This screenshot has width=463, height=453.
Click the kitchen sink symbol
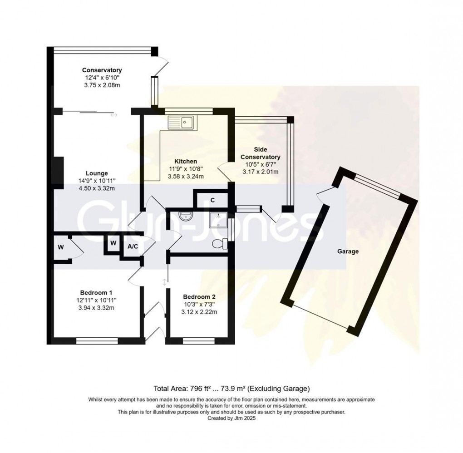[180, 123]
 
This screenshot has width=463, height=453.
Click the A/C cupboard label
[133, 246]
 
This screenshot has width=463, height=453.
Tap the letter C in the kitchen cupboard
[212, 200]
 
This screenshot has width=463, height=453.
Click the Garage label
[348, 251]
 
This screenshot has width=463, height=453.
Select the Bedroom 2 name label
[199, 297]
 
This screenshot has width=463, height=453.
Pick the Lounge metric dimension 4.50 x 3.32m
[96, 188]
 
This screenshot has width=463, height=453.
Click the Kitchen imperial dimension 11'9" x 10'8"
[186, 169]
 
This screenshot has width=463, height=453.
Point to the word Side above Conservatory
[261, 149]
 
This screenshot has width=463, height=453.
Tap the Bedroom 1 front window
[97, 341]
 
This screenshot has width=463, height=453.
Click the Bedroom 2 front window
[199, 341]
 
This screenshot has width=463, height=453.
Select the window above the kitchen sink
[189, 111]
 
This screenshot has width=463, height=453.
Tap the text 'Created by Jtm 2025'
[231, 418]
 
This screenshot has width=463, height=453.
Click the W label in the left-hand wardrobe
[61, 247]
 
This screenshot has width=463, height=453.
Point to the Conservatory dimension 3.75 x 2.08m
[102, 85]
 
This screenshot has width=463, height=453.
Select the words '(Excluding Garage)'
[278, 389]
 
